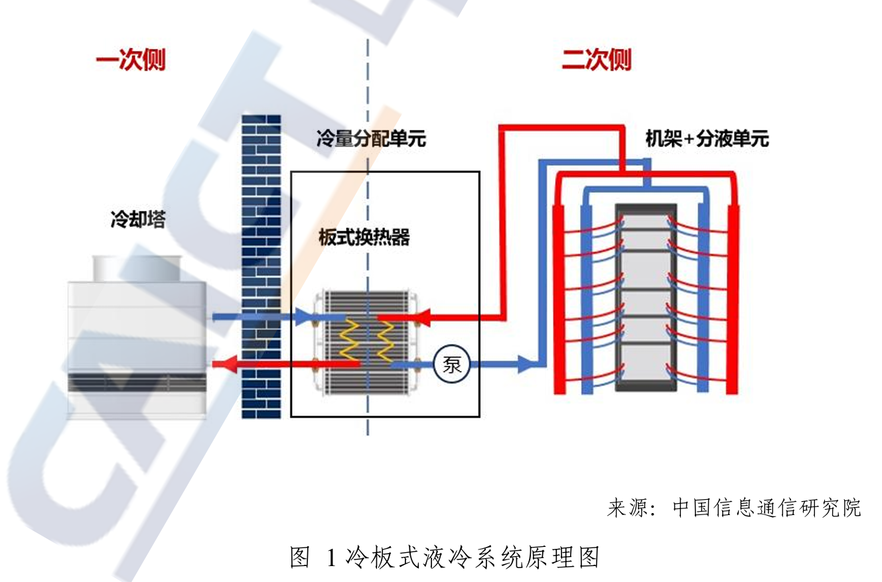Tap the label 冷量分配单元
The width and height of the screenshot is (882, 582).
click(371, 139)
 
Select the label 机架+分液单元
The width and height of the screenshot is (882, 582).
click(707, 139)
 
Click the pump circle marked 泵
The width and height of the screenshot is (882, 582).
click(451, 365)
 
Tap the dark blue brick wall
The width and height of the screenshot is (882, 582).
click(260, 265)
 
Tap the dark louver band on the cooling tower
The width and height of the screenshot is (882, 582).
click(137, 383)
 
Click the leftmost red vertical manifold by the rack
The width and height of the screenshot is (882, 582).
click(559, 298)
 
